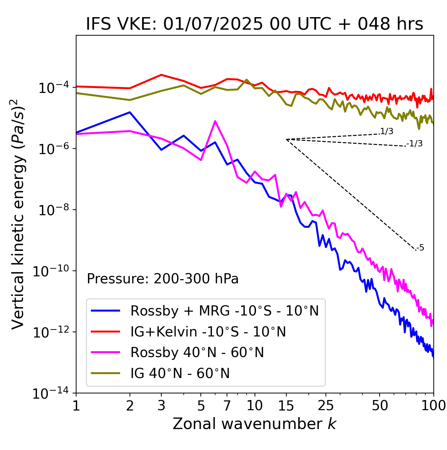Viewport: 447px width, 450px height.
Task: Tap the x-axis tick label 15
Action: point(286,405)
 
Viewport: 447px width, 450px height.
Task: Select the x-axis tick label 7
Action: point(227,405)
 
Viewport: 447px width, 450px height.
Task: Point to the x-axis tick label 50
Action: point(380,405)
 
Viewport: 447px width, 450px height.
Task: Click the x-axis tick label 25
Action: point(325,405)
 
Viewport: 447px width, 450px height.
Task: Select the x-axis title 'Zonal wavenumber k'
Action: point(254,424)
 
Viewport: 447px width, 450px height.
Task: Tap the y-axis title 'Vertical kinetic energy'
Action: point(18,214)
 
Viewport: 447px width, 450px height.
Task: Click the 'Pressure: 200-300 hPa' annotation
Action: point(162,279)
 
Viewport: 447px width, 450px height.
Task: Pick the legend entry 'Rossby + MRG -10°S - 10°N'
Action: point(224,311)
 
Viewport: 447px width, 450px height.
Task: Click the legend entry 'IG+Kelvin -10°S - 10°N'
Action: point(208,332)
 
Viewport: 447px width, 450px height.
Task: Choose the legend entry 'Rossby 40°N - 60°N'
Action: point(197,353)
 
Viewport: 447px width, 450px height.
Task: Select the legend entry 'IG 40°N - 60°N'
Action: point(180,373)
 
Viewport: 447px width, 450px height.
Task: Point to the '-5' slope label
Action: point(420,248)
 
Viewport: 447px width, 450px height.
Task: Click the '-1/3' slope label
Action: point(415,143)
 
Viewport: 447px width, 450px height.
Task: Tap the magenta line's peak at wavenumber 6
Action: point(215,121)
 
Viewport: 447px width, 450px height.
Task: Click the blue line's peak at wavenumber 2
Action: point(130,112)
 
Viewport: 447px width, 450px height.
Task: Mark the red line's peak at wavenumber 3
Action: point(161,75)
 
